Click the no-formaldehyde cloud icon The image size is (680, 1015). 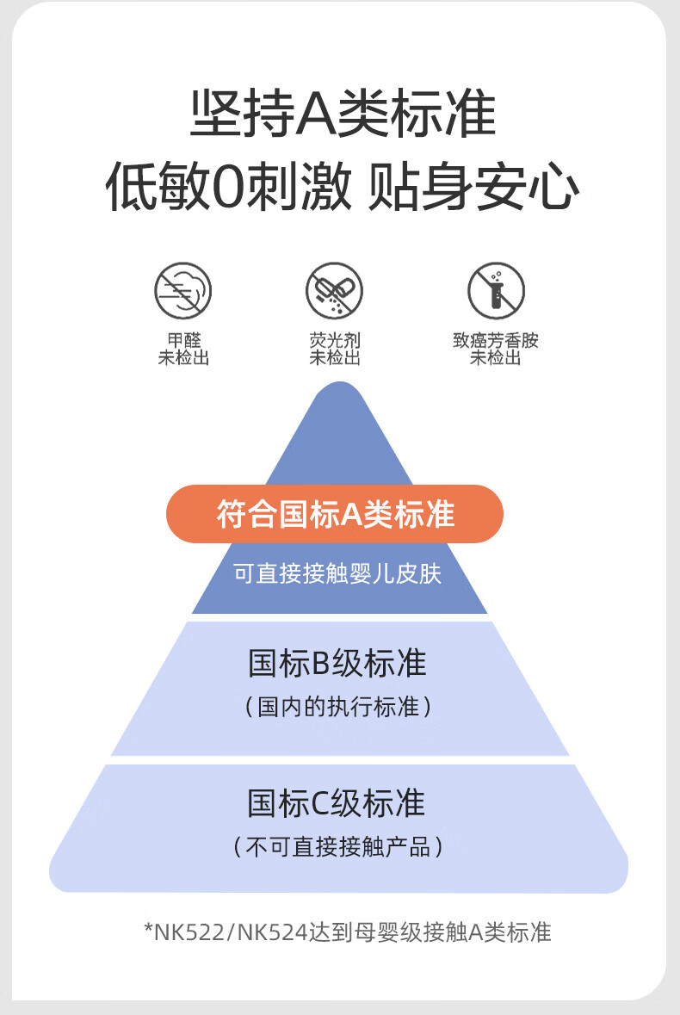point(183,291)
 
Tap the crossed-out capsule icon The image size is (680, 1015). point(334,291)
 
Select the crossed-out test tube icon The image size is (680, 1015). point(497,291)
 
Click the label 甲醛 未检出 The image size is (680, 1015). point(183,349)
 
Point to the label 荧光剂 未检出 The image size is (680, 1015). point(335,349)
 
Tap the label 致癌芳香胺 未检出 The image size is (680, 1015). point(496,349)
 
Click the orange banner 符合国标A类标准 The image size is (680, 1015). point(335,514)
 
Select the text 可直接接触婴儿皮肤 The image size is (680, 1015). point(337,573)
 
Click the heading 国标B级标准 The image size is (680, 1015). point(337,664)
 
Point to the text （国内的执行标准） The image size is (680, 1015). point(337,706)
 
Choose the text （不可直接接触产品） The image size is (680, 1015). point(337,847)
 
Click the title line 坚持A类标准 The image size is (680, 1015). point(343,114)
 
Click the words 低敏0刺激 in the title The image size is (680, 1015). point(228,187)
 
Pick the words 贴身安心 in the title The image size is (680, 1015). point(473,187)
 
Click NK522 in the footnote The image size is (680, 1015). point(189,933)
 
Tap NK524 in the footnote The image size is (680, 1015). point(273,933)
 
